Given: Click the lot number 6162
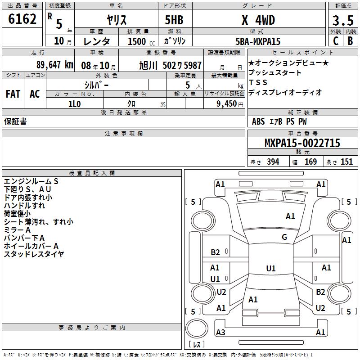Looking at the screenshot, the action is coord(22,19).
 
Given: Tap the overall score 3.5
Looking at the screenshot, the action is coord(343,20).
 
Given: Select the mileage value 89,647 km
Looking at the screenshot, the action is coord(55,65).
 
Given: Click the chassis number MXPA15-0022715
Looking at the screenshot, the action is coord(302,143).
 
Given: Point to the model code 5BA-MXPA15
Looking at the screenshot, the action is coord(258,41).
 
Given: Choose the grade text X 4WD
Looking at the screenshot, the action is coord(258,20).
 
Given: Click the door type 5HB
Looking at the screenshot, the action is coord(174,20).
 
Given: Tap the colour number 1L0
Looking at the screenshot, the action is coord(75,104).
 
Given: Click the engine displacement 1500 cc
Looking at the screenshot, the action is coord(141,41).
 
